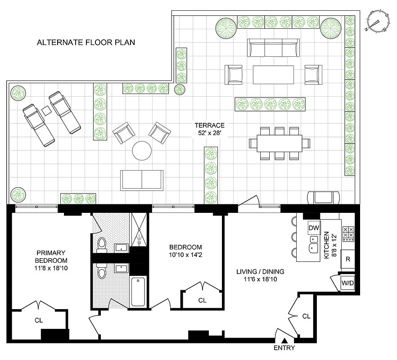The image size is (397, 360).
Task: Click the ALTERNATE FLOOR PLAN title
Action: point(86,43)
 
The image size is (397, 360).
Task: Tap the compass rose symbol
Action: point(379,22)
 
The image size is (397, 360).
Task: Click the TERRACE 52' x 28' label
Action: point(209,129)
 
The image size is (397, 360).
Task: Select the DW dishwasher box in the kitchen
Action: point(314,229)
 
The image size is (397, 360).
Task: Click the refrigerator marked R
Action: point(348,259)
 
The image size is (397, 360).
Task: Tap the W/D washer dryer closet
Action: point(347,283)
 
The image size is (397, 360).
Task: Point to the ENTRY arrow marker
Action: point(284,341)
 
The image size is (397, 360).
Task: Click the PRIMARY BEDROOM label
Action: point(52,261)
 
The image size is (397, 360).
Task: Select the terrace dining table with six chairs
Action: point(280,143)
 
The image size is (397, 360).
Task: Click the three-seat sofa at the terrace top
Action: point(273,48)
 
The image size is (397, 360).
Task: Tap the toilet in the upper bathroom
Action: point(102,244)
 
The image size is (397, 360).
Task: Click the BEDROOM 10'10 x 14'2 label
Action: point(185,251)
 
